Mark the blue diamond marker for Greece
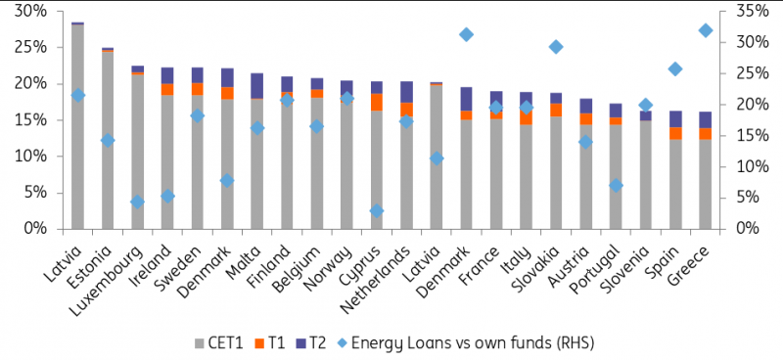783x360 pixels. click(705, 30)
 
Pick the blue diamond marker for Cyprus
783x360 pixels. click(377, 210)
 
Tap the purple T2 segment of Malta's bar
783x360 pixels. click(257, 85)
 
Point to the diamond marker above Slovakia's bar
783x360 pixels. click(556, 47)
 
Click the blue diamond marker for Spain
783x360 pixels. click(674, 68)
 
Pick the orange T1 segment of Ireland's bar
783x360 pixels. click(167, 89)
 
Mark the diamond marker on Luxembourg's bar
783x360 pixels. click(137, 202)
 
